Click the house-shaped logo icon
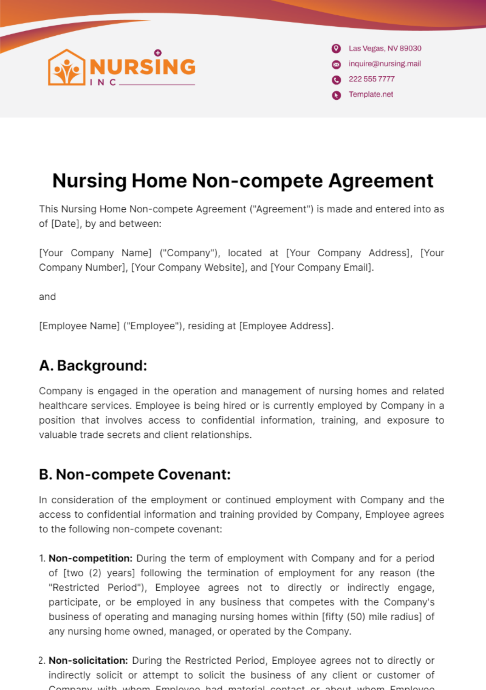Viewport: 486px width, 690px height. (x=67, y=67)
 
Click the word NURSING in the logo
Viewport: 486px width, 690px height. (x=143, y=67)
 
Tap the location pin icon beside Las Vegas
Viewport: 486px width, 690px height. (x=336, y=49)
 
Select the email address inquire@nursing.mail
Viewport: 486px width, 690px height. (x=385, y=64)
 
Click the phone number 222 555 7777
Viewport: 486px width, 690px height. (x=371, y=79)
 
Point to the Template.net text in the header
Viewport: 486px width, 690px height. (x=371, y=95)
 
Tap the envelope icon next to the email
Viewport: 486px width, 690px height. (x=336, y=64)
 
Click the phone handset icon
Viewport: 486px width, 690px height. (x=336, y=80)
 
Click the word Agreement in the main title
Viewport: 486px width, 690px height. (x=381, y=181)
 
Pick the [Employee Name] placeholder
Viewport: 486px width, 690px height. (x=79, y=326)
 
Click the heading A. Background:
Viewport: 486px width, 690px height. (x=93, y=366)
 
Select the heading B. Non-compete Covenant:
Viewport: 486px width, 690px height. (x=134, y=475)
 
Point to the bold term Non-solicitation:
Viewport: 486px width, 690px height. (x=88, y=661)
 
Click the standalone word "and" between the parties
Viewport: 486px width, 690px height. (x=47, y=297)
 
